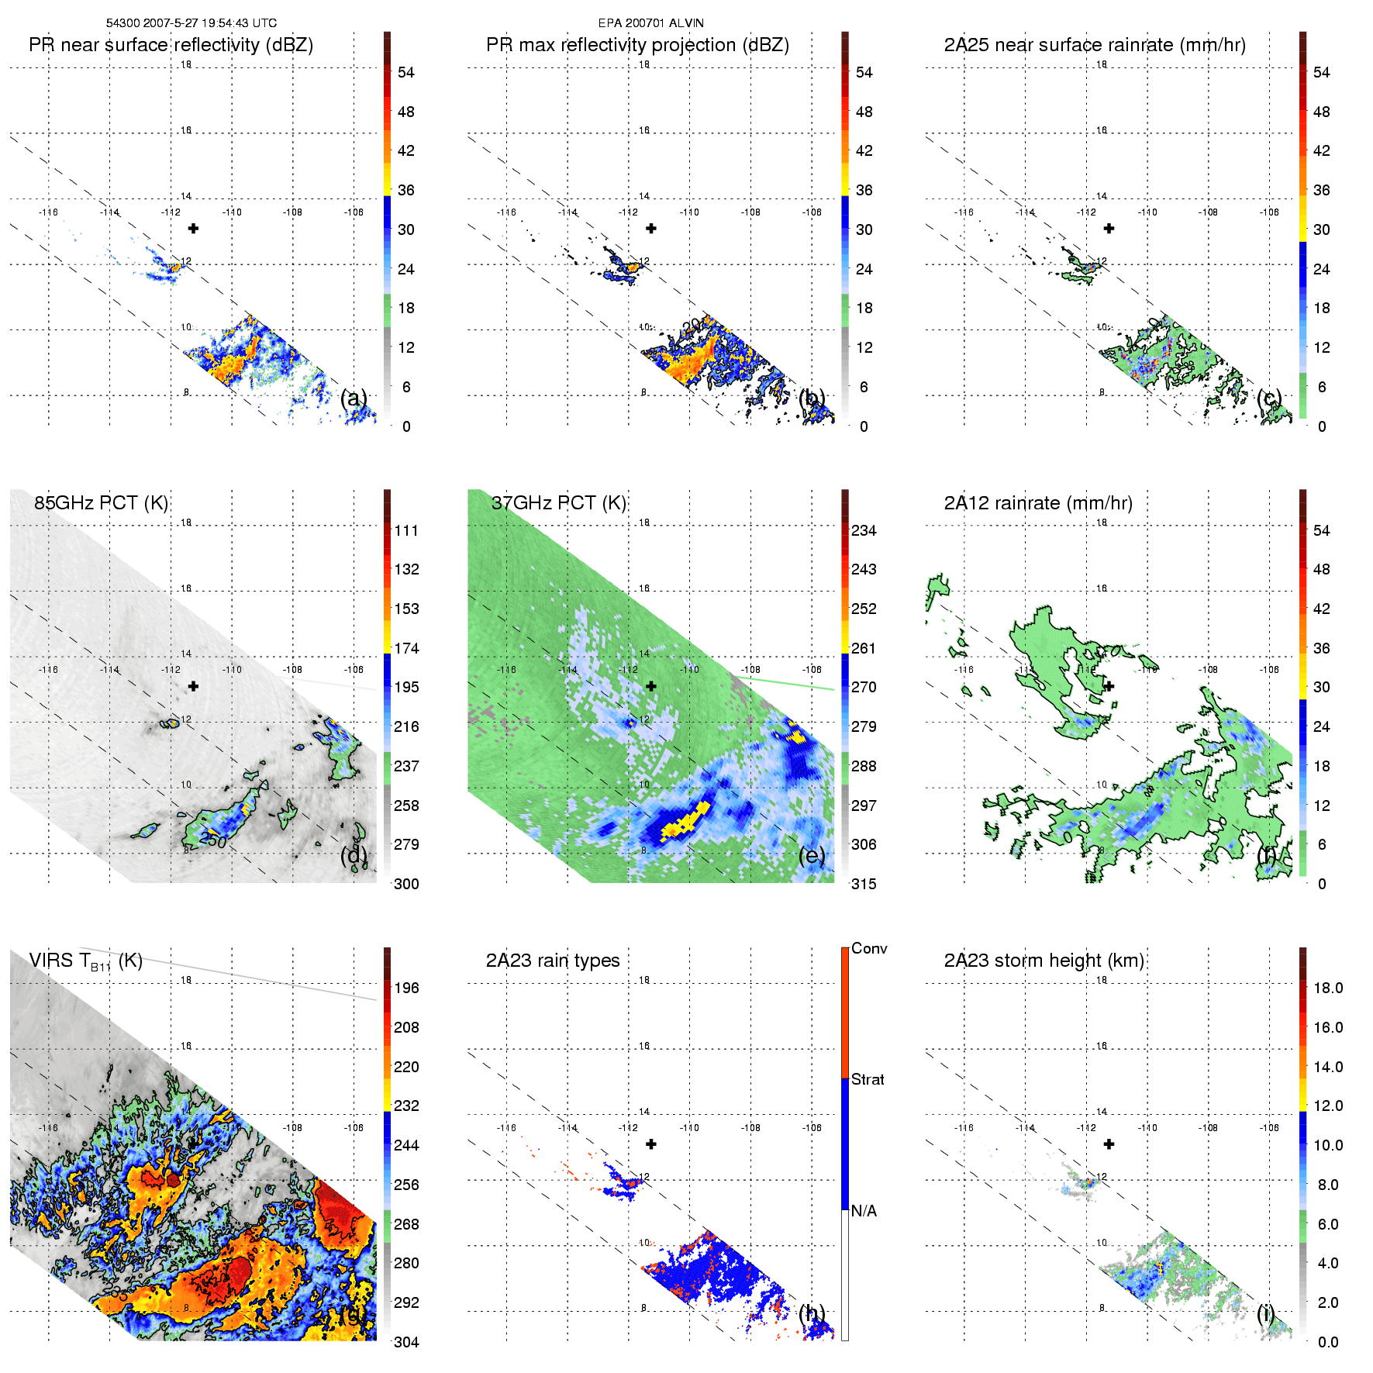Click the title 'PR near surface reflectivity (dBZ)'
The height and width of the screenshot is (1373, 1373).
coord(171,45)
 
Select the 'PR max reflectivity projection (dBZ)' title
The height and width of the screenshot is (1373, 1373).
coord(637,45)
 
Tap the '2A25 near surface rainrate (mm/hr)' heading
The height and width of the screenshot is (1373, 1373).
coord(1095,45)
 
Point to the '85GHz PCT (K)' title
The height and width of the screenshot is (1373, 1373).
coord(101,503)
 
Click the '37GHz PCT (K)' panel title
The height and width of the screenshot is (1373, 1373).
coord(558,503)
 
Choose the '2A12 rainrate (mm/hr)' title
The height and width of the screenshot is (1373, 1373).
coord(1038,503)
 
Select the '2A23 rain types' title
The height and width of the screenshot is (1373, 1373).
coord(553,961)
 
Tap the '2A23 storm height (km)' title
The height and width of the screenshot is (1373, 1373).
coord(1044,961)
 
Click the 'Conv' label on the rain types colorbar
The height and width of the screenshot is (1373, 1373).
coord(869,949)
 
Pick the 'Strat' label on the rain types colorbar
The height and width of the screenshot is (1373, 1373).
coord(868,1080)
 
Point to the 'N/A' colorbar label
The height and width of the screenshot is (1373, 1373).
coord(864,1211)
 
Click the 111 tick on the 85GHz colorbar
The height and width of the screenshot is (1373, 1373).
coord(406,530)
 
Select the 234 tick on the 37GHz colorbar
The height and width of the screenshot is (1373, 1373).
coord(864,530)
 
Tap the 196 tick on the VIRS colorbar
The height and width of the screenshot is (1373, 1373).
coord(406,988)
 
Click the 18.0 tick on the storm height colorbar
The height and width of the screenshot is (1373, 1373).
coord(1327,988)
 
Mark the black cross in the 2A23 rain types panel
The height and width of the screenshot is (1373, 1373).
coord(651,1144)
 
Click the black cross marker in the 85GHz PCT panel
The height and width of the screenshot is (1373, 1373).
coord(194,686)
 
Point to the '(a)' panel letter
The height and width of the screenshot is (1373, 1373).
coord(354,398)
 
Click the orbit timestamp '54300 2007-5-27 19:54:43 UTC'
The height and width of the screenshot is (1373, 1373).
coord(191,23)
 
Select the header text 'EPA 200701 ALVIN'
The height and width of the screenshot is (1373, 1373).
coord(651,23)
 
